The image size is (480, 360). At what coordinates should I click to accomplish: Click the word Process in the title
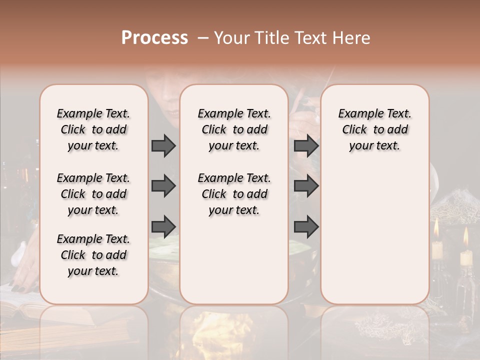(x=154, y=38)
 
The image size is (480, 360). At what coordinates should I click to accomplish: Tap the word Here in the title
(x=352, y=38)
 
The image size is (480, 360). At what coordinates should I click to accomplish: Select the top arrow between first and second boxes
(x=163, y=145)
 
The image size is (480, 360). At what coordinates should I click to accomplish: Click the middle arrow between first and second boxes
(x=163, y=186)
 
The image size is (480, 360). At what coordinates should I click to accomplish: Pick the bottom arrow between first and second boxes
(x=163, y=226)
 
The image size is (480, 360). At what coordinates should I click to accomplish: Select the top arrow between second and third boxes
(x=306, y=145)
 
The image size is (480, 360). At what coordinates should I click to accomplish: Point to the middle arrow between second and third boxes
(x=306, y=186)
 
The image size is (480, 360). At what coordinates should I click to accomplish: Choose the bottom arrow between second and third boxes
(x=306, y=226)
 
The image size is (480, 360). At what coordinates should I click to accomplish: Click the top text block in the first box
(x=93, y=129)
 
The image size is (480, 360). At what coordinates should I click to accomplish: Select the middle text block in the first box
(x=93, y=194)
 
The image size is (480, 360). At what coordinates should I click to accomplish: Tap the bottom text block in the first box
(x=93, y=255)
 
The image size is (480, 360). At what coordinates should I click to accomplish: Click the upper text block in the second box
(x=234, y=129)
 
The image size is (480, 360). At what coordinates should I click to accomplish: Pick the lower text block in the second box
(x=234, y=194)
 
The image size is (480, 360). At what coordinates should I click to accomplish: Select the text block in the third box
(x=374, y=129)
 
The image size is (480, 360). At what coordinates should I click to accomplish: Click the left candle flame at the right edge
(x=436, y=228)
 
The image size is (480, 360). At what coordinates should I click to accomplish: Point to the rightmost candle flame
(x=466, y=236)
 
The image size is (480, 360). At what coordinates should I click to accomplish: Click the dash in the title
(x=203, y=38)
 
